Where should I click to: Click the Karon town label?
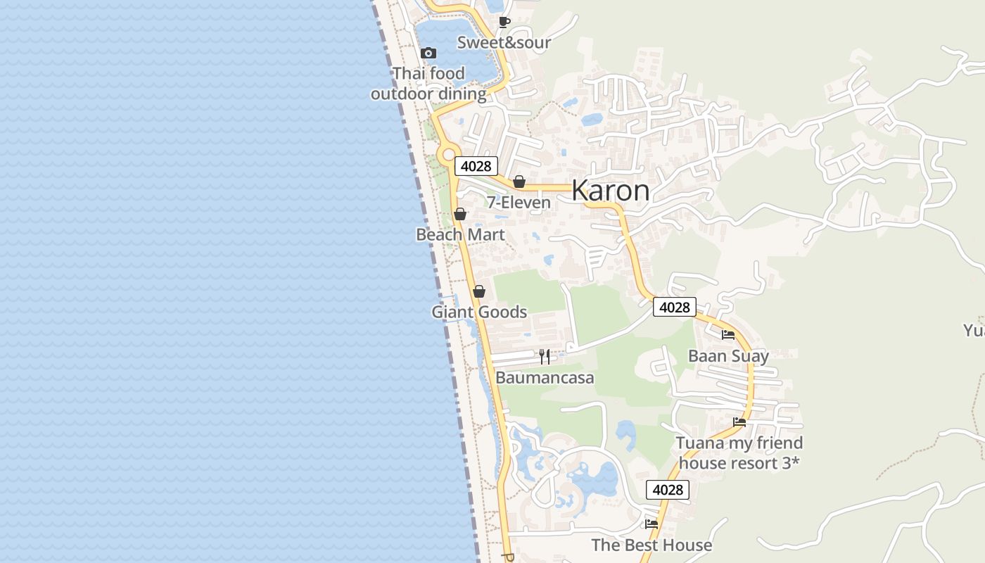pos(610,191)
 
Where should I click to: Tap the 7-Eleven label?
pos(519,203)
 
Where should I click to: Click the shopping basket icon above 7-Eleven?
pos(519,182)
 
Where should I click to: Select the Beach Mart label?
pos(460,234)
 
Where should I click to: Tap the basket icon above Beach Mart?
pos(460,214)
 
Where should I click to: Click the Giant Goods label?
pos(479,312)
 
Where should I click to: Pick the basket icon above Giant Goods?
pos(479,291)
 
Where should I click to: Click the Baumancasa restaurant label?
pos(545,378)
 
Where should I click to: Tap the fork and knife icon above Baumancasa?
pos(545,357)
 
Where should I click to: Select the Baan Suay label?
pos(728,356)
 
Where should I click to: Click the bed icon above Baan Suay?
pos(728,335)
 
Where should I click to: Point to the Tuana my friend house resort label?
pos(739,453)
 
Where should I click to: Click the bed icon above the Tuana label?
pos(739,422)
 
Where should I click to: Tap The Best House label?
pos(652,545)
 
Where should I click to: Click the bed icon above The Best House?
pos(652,524)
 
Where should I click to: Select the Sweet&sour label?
pos(504,42)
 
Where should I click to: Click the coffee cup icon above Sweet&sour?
pos(504,22)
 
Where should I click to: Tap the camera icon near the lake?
pos(428,53)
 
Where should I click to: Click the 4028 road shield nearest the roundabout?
pos(476,166)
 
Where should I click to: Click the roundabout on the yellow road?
pos(447,153)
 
